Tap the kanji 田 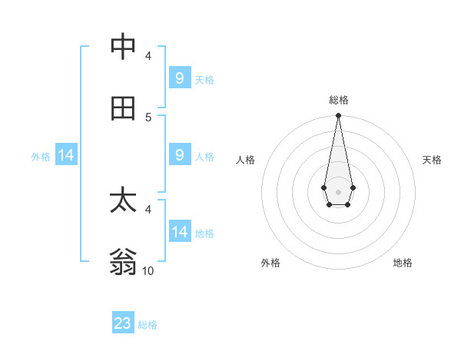tap(124, 108)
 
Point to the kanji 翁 tap(124, 263)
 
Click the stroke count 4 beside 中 tap(148, 55)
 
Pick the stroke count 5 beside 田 tap(148, 117)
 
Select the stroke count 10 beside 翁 tap(148, 271)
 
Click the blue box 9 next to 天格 tap(180, 78)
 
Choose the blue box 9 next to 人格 tap(180, 155)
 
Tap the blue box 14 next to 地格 tap(180, 232)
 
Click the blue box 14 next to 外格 tap(66, 156)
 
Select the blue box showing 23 tap(123, 323)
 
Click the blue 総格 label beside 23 tap(148, 325)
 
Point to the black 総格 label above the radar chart tap(338, 100)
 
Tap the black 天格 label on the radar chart tap(432, 160)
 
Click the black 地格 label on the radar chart tap(403, 263)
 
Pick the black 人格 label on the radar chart tap(245, 160)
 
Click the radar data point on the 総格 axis tap(338, 115)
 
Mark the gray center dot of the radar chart tap(338, 190)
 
